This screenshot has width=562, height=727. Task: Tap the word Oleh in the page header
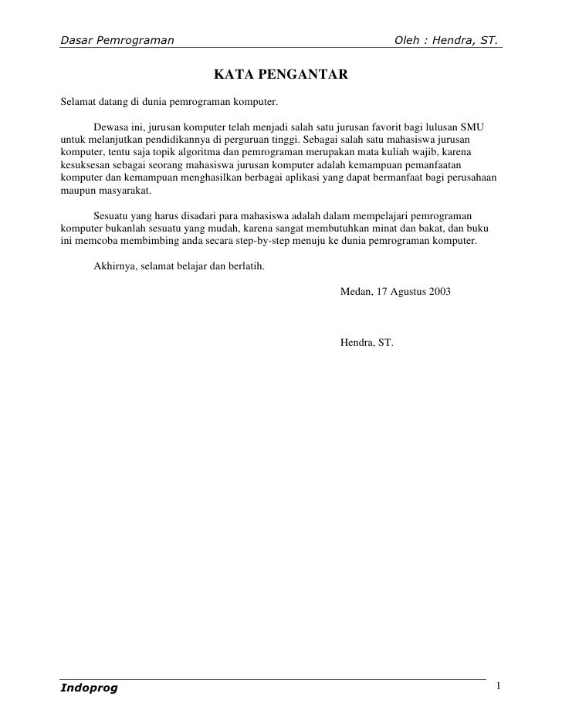(408, 39)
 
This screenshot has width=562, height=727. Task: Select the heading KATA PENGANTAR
(281, 75)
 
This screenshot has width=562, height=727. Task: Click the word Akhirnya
(113, 267)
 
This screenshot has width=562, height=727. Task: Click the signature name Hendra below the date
(356, 341)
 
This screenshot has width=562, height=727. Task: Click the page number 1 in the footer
(499, 686)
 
